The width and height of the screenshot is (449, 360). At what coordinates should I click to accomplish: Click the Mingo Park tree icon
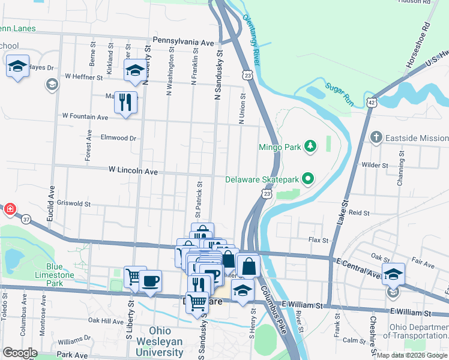[x=310, y=146]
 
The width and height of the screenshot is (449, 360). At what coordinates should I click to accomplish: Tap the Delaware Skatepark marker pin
[x=308, y=179]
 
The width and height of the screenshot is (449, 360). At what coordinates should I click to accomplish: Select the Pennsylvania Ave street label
[x=183, y=43]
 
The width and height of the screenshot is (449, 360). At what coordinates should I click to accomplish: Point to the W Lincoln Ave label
[x=133, y=172]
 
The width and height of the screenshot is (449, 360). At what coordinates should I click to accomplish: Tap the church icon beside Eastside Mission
[x=376, y=137]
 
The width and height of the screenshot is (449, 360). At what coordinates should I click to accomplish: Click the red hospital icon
[x=10, y=209]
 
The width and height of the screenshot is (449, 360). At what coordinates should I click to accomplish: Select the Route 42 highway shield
[x=373, y=103]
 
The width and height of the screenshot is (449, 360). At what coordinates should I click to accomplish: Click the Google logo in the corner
[x=20, y=353]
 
